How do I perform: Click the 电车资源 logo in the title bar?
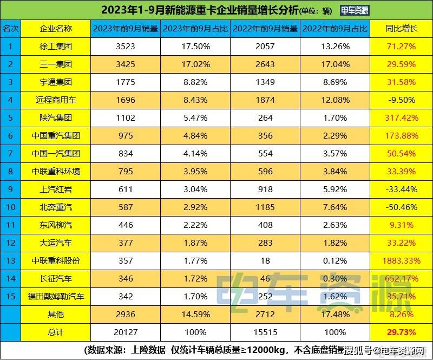tap(355, 10)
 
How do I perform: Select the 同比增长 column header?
tap(401, 29)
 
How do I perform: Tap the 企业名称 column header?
tap(55, 29)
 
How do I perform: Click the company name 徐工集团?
tap(55, 47)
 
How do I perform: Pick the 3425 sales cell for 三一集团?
tap(125, 64)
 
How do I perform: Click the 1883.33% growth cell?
tap(401, 260)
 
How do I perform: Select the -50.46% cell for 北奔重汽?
tap(401, 207)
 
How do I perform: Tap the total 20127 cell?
tap(125, 332)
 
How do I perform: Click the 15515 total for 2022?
tap(265, 332)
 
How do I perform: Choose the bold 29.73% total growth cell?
tap(401, 332)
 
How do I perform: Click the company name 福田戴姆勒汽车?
tap(55, 296)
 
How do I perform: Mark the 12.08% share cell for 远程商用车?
tap(335, 100)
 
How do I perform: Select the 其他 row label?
tap(55, 314)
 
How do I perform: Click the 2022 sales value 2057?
tap(265, 47)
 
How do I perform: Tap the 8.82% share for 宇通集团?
tap(195, 82)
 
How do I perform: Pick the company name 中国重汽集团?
tap(55, 136)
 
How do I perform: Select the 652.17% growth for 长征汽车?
tap(401, 278)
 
